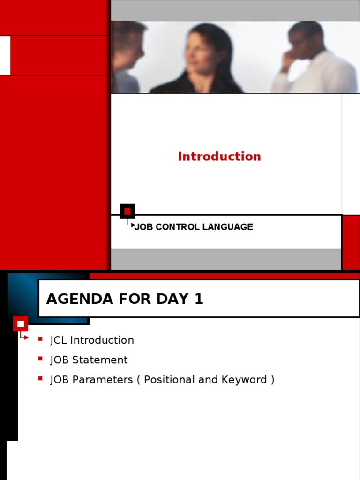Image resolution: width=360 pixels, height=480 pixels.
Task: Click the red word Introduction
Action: click(x=219, y=157)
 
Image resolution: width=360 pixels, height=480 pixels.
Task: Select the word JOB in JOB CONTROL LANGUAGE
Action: click(x=144, y=227)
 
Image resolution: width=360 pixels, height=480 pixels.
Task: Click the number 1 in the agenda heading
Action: click(x=199, y=299)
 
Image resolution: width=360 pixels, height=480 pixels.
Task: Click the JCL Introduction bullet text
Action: click(x=92, y=340)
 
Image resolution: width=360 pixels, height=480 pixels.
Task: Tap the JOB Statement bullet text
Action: click(x=89, y=360)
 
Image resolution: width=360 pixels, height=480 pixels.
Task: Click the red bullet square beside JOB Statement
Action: click(x=41, y=359)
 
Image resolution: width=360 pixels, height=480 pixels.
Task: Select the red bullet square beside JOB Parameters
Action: click(x=41, y=378)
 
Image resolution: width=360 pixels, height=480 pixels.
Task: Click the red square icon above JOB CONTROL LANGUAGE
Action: click(x=127, y=211)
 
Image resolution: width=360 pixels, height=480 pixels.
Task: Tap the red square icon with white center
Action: click(x=21, y=323)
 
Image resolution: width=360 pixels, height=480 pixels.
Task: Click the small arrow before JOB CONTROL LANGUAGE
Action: click(x=131, y=225)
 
